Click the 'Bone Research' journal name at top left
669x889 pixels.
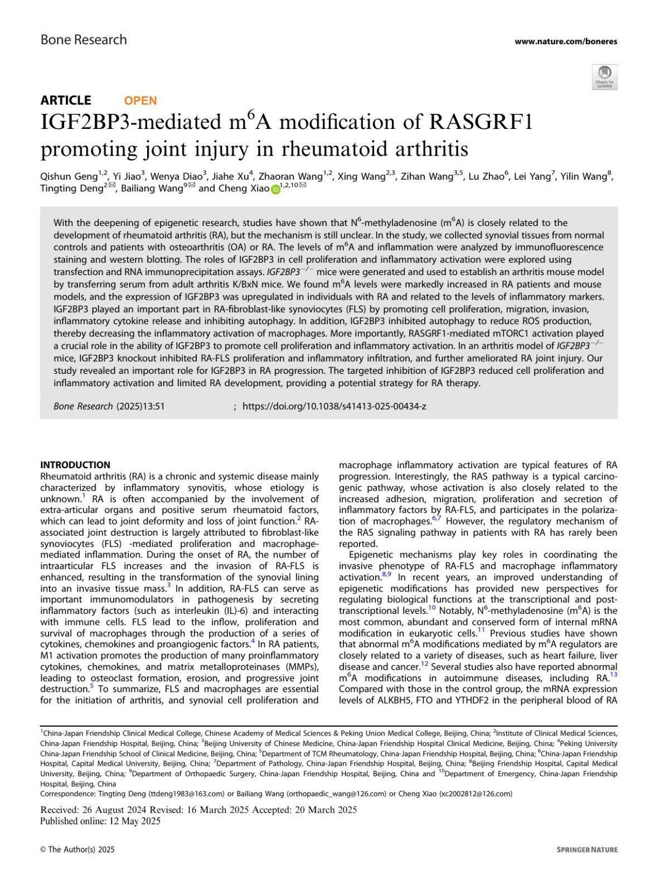pyautogui.click(x=84, y=40)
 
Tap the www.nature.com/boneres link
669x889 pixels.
pyautogui.click(x=565, y=41)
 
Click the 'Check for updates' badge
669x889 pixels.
pyautogui.click(x=604, y=77)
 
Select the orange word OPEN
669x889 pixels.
pyautogui.click(x=140, y=100)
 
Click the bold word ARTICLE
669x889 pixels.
pyautogui.click(x=66, y=100)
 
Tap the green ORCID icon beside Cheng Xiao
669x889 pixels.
pyautogui.click(x=275, y=189)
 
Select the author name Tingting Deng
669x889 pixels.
pyautogui.click(x=71, y=189)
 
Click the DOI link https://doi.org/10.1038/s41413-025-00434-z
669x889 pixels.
pyautogui.click(x=334, y=406)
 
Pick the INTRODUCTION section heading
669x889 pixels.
pyautogui.click(x=75, y=465)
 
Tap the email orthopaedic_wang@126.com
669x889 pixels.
pyautogui.click(x=337, y=794)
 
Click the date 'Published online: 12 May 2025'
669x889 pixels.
pyautogui.click(x=100, y=821)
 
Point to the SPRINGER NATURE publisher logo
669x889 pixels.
pyautogui.click(x=587, y=849)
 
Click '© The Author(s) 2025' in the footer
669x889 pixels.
pyautogui.click(x=77, y=849)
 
